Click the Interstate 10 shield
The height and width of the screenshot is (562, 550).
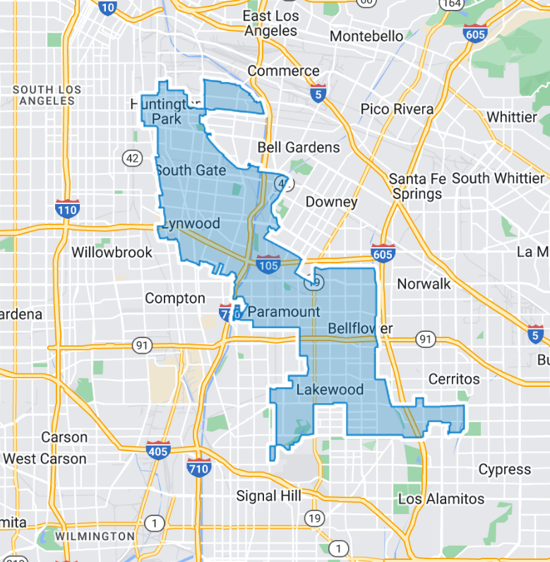pyautogui.click(x=107, y=7)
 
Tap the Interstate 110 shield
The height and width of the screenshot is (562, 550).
pyautogui.click(x=68, y=208)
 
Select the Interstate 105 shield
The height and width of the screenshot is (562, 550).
pyautogui.click(x=268, y=264)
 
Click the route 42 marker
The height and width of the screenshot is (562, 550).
pyautogui.click(x=132, y=157)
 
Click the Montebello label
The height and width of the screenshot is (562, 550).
pyautogui.click(x=376, y=36)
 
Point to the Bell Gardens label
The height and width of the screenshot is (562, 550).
pyautogui.click(x=299, y=147)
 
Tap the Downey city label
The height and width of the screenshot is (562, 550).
pyautogui.click(x=331, y=202)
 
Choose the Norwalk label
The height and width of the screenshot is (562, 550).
pyautogui.click(x=424, y=284)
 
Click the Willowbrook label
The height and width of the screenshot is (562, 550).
pyautogui.click(x=112, y=252)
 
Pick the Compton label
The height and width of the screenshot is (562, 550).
pyautogui.click(x=175, y=299)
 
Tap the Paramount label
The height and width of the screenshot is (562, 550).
pyautogui.click(x=284, y=311)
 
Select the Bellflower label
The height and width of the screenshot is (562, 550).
pyautogui.click(x=360, y=328)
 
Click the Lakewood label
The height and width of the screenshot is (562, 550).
pyautogui.click(x=330, y=389)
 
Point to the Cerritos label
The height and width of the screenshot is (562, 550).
pyautogui.click(x=454, y=379)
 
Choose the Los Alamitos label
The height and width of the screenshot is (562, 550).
pyautogui.click(x=441, y=498)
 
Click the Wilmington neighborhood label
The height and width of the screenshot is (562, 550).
pyautogui.click(x=95, y=537)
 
